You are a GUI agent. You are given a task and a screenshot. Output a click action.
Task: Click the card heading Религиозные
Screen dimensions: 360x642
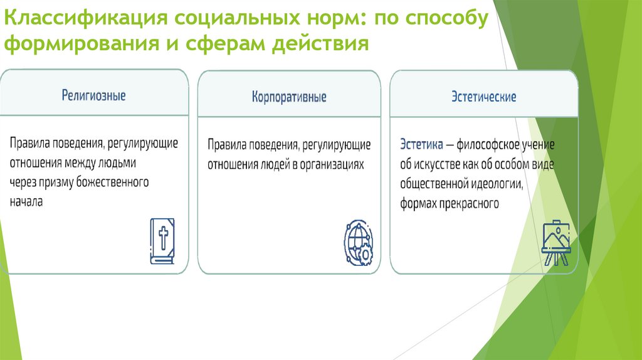pos(93,96)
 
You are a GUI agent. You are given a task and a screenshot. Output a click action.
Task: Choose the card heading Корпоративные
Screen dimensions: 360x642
pos(289,98)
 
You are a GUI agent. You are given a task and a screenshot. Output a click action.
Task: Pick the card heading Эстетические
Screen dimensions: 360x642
pos(483,97)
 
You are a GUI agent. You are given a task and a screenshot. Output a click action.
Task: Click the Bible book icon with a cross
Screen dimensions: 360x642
pos(162,241)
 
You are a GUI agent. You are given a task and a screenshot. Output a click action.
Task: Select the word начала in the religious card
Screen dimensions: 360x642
pos(26,203)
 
